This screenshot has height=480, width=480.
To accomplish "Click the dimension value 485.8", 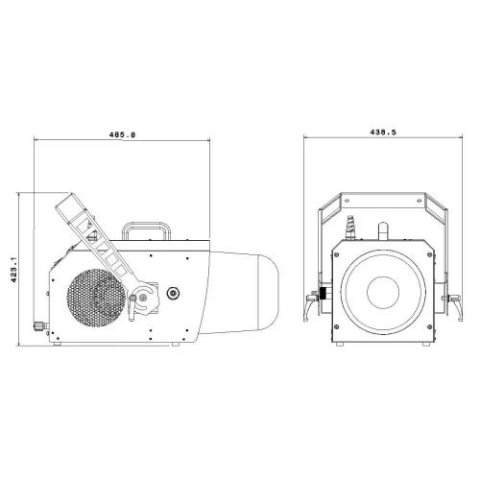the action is click(122, 134).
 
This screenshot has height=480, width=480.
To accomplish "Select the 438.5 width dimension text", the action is click(383, 132).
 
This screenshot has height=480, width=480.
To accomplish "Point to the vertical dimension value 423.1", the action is click(13, 270).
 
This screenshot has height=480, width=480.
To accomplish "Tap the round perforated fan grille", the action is click(96, 298).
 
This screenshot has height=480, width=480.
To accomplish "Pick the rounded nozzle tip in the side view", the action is click(268, 292).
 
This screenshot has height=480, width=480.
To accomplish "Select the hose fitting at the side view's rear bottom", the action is click(40, 326).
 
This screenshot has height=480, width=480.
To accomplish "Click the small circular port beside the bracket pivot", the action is click(173, 293).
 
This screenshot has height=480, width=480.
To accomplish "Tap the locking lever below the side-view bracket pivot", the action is click(132, 307).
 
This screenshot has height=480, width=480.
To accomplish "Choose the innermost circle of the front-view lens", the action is click(383, 292).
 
